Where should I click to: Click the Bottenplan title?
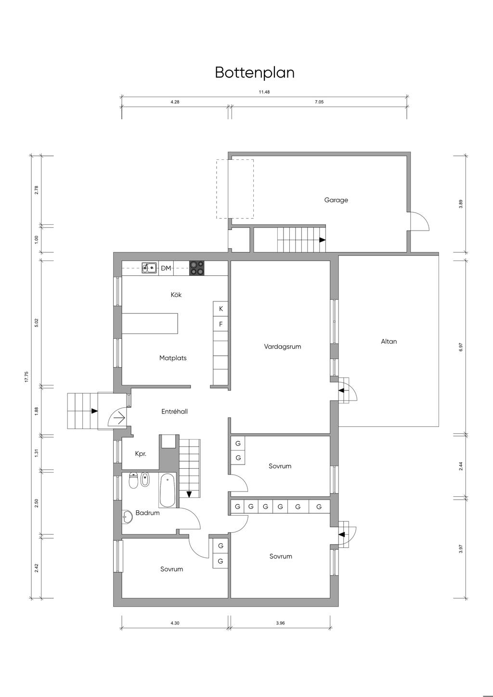pyautogui.click(x=255, y=73)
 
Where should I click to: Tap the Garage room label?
pyautogui.click(x=336, y=200)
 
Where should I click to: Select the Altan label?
pyautogui.click(x=389, y=341)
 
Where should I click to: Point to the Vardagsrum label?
pyautogui.click(x=282, y=347)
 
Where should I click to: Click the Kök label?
pyautogui.click(x=176, y=295)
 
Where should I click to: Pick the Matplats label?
pyautogui.click(x=173, y=358)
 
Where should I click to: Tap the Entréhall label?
pyautogui.click(x=174, y=412)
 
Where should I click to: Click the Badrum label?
pyautogui.click(x=147, y=513)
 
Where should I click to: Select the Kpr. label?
pyautogui.click(x=141, y=454)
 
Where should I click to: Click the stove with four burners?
pyautogui.click(x=197, y=268)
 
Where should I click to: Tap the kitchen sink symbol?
pyautogui.click(x=149, y=268)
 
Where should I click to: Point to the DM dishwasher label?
pyautogui.click(x=166, y=268)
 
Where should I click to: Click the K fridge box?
pyautogui.click(x=221, y=309)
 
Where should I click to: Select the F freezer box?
pyautogui.click(x=221, y=324)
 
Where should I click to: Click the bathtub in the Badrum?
pyautogui.click(x=168, y=490)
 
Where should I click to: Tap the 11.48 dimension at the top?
pyautogui.click(x=264, y=92)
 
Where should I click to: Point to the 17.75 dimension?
pyautogui.click(x=27, y=377)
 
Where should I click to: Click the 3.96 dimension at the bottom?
pyautogui.click(x=280, y=623)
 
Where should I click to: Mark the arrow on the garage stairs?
pyautogui.click(x=323, y=240)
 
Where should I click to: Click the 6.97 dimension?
pyautogui.click(x=461, y=347)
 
